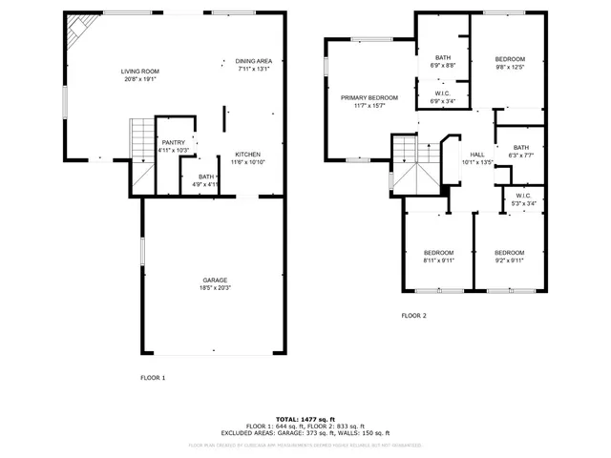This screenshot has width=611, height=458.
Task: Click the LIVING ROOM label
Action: pyautogui.click(x=139, y=72)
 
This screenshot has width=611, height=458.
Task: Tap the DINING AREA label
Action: pyautogui.click(x=253, y=61)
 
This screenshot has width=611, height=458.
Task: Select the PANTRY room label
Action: pyautogui.click(x=173, y=144)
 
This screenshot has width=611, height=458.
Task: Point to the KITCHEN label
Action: pyautogui.click(x=247, y=155)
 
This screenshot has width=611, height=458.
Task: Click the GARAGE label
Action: pyautogui.click(x=214, y=280)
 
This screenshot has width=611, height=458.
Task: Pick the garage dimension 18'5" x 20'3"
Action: pyautogui.click(x=214, y=287)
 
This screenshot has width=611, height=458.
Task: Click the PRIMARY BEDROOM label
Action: pyautogui.click(x=369, y=97)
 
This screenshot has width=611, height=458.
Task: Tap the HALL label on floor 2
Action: pyautogui.click(x=477, y=155)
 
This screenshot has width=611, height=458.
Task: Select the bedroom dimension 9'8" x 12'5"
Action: pyautogui.click(x=509, y=67)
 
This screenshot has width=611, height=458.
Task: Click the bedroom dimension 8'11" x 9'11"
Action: pyautogui.click(x=439, y=260)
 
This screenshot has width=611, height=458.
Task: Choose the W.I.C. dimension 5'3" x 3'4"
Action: pyautogui.click(x=523, y=203)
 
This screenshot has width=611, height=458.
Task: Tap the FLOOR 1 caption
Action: pyautogui.click(x=153, y=378)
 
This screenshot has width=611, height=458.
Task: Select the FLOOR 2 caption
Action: pyautogui.click(x=413, y=315)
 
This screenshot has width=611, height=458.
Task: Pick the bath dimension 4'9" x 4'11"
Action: pyautogui.click(x=206, y=183)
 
